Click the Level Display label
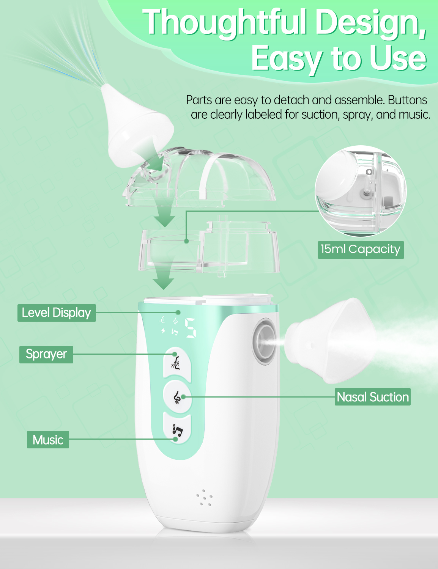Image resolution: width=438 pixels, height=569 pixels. coord(57,313)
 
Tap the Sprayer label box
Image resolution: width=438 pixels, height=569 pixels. coord(46,354)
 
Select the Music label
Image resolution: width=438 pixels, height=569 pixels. coord(48,440)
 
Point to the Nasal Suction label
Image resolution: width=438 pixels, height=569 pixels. coord(372,397)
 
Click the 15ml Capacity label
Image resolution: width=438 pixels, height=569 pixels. coord(361,250)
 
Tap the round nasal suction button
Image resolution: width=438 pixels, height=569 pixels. coord(177,397)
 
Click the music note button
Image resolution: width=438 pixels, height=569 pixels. coord(177,429)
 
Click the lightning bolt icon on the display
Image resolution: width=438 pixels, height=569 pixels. coord(164,331)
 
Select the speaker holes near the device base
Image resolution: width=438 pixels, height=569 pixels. coord(204,497)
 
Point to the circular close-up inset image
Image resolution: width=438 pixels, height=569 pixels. coord(361,191)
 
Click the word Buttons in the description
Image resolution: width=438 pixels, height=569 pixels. coord(407,100)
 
